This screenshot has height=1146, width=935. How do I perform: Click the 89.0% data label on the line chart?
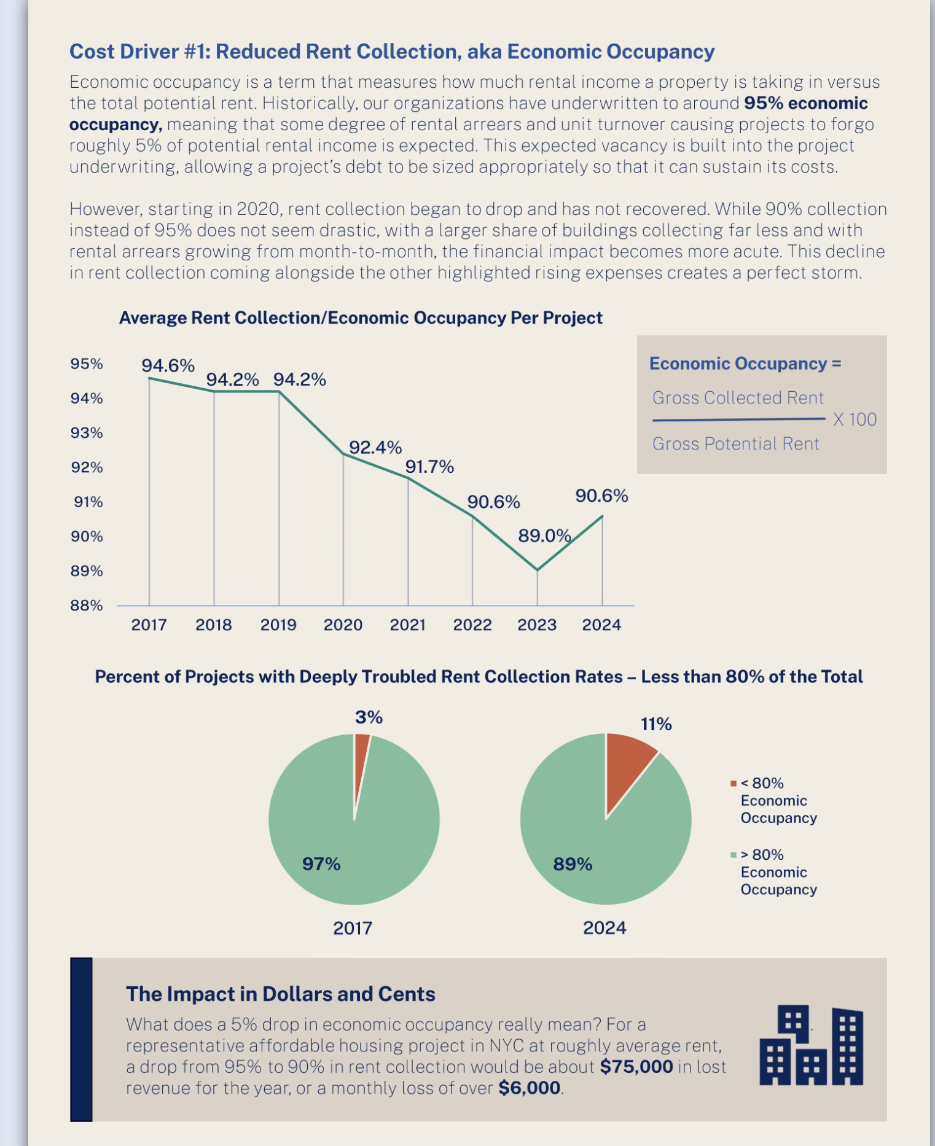(x=544, y=536)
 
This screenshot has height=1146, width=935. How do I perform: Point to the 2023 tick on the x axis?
(x=537, y=625)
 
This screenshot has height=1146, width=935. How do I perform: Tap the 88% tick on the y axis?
(x=87, y=606)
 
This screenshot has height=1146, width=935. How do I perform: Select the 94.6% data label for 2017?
(x=168, y=366)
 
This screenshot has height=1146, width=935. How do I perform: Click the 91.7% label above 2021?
(x=429, y=467)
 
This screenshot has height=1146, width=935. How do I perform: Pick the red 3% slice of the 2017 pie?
(x=361, y=755)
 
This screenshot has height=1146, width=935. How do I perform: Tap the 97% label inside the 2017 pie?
(x=321, y=864)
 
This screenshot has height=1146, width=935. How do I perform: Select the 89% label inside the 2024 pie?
(x=573, y=864)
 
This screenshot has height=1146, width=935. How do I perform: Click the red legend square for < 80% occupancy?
(x=734, y=784)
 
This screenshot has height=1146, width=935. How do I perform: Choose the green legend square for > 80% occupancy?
(x=734, y=855)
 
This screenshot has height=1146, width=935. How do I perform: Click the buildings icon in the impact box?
(x=811, y=1045)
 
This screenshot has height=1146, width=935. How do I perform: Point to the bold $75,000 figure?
(x=636, y=1067)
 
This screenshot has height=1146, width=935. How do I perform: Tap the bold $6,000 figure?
(x=529, y=1088)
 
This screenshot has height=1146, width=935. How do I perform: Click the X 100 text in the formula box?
(x=855, y=419)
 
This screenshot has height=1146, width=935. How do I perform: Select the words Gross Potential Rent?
(x=735, y=444)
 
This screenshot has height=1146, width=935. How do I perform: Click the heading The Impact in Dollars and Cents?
(x=280, y=994)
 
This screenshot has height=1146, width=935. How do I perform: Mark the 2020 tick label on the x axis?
(x=343, y=625)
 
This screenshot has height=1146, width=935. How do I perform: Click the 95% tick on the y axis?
(x=87, y=364)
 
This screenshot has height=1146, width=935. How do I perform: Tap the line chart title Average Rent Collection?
(x=361, y=318)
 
